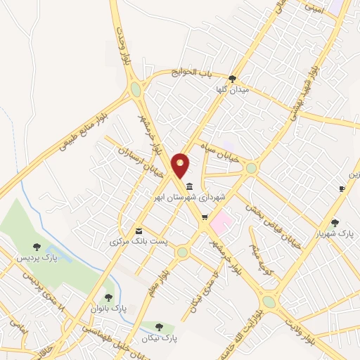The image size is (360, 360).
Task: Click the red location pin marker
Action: [x=181, y=165]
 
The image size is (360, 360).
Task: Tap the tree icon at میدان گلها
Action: [x=233, y=78]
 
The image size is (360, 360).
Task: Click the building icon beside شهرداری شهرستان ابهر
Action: [x=191, y=186]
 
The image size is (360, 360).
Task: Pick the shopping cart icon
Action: [x=204, y=217]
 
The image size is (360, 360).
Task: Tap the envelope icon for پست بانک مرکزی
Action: [x=139, y=231]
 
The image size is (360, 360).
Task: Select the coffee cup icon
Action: [x=342, y=188]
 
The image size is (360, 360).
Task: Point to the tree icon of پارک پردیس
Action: [x=37, y=247]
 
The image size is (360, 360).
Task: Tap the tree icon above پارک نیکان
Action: [x=160, y=326]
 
